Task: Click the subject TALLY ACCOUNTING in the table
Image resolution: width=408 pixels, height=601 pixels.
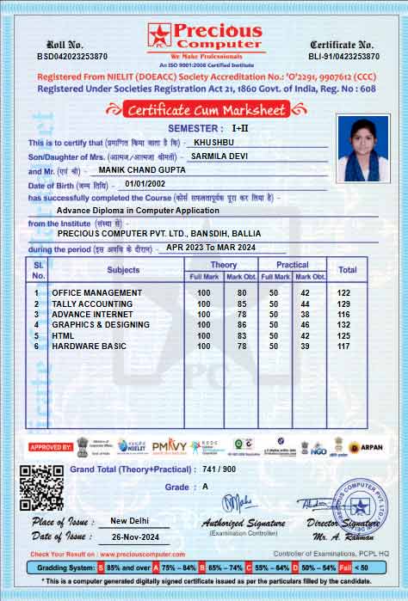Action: coord(92,304)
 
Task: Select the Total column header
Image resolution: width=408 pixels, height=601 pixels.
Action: coord(347,270)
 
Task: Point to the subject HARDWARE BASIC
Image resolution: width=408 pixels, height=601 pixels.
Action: coord(89,346)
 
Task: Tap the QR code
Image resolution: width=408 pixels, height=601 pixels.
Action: coord(41,488)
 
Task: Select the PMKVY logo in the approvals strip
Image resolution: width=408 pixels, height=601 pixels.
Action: coord(169,446)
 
